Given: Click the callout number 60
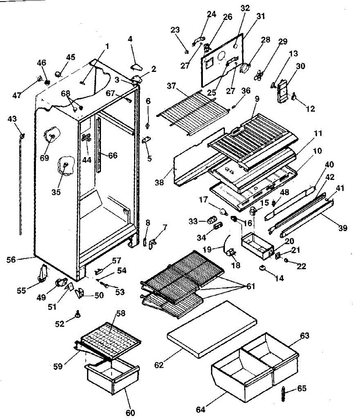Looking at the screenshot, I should point(130,413).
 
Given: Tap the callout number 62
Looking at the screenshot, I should point(159,365).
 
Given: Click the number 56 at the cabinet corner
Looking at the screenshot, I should point(11,259).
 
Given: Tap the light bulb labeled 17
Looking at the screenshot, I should point(223,211).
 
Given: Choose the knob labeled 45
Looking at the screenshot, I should point(59,66).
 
